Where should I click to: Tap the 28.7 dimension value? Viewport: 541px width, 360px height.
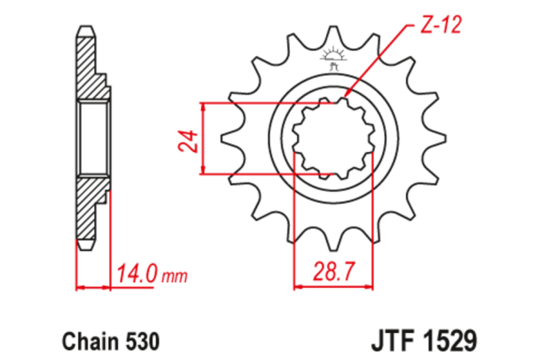point(334,269)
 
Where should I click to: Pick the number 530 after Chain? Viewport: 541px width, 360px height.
point(139,339)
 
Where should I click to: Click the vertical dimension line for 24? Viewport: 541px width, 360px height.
point(203,139)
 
